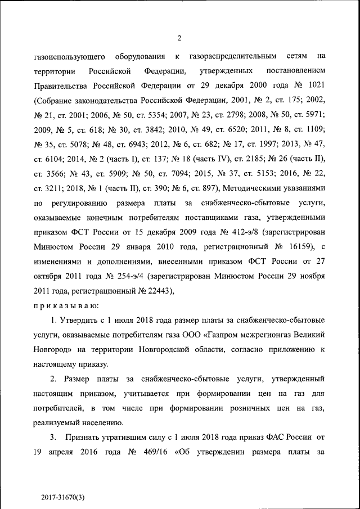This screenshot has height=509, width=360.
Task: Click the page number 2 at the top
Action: click(x=179, y=38)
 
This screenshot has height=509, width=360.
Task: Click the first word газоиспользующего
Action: click(x=68, y=57)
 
